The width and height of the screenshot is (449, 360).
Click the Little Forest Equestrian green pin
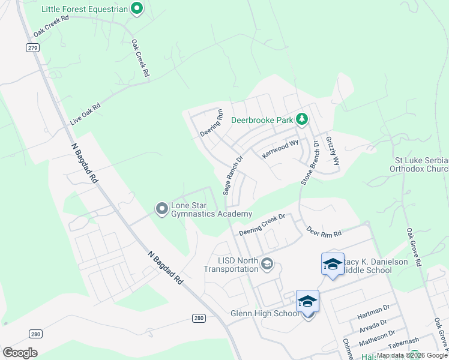[x=137, y=9]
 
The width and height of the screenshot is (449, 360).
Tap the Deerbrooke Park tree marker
[x=302, y=120]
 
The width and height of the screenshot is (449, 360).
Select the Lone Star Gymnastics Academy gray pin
[x=161, y=209]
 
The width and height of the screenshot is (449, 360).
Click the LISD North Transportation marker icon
[x=267, y=263]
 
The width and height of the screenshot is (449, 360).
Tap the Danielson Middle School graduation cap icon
[x=333, y=263]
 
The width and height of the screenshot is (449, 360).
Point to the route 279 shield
[x=32, y=47]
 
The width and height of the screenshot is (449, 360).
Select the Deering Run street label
[x=212, y=122]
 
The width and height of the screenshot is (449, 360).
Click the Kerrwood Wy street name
[x=280, y=149]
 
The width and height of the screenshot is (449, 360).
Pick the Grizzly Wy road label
[x=333, y=151]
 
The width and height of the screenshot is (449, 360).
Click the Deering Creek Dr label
[x=261, y=224]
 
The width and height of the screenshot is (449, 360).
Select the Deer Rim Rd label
[x=324, y=231]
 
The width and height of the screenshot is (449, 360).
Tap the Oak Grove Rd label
[x=414, y=247]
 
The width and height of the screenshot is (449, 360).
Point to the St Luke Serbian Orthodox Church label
[x=421, y=164]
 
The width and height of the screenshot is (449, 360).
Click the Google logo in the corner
[x=20, y=352]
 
